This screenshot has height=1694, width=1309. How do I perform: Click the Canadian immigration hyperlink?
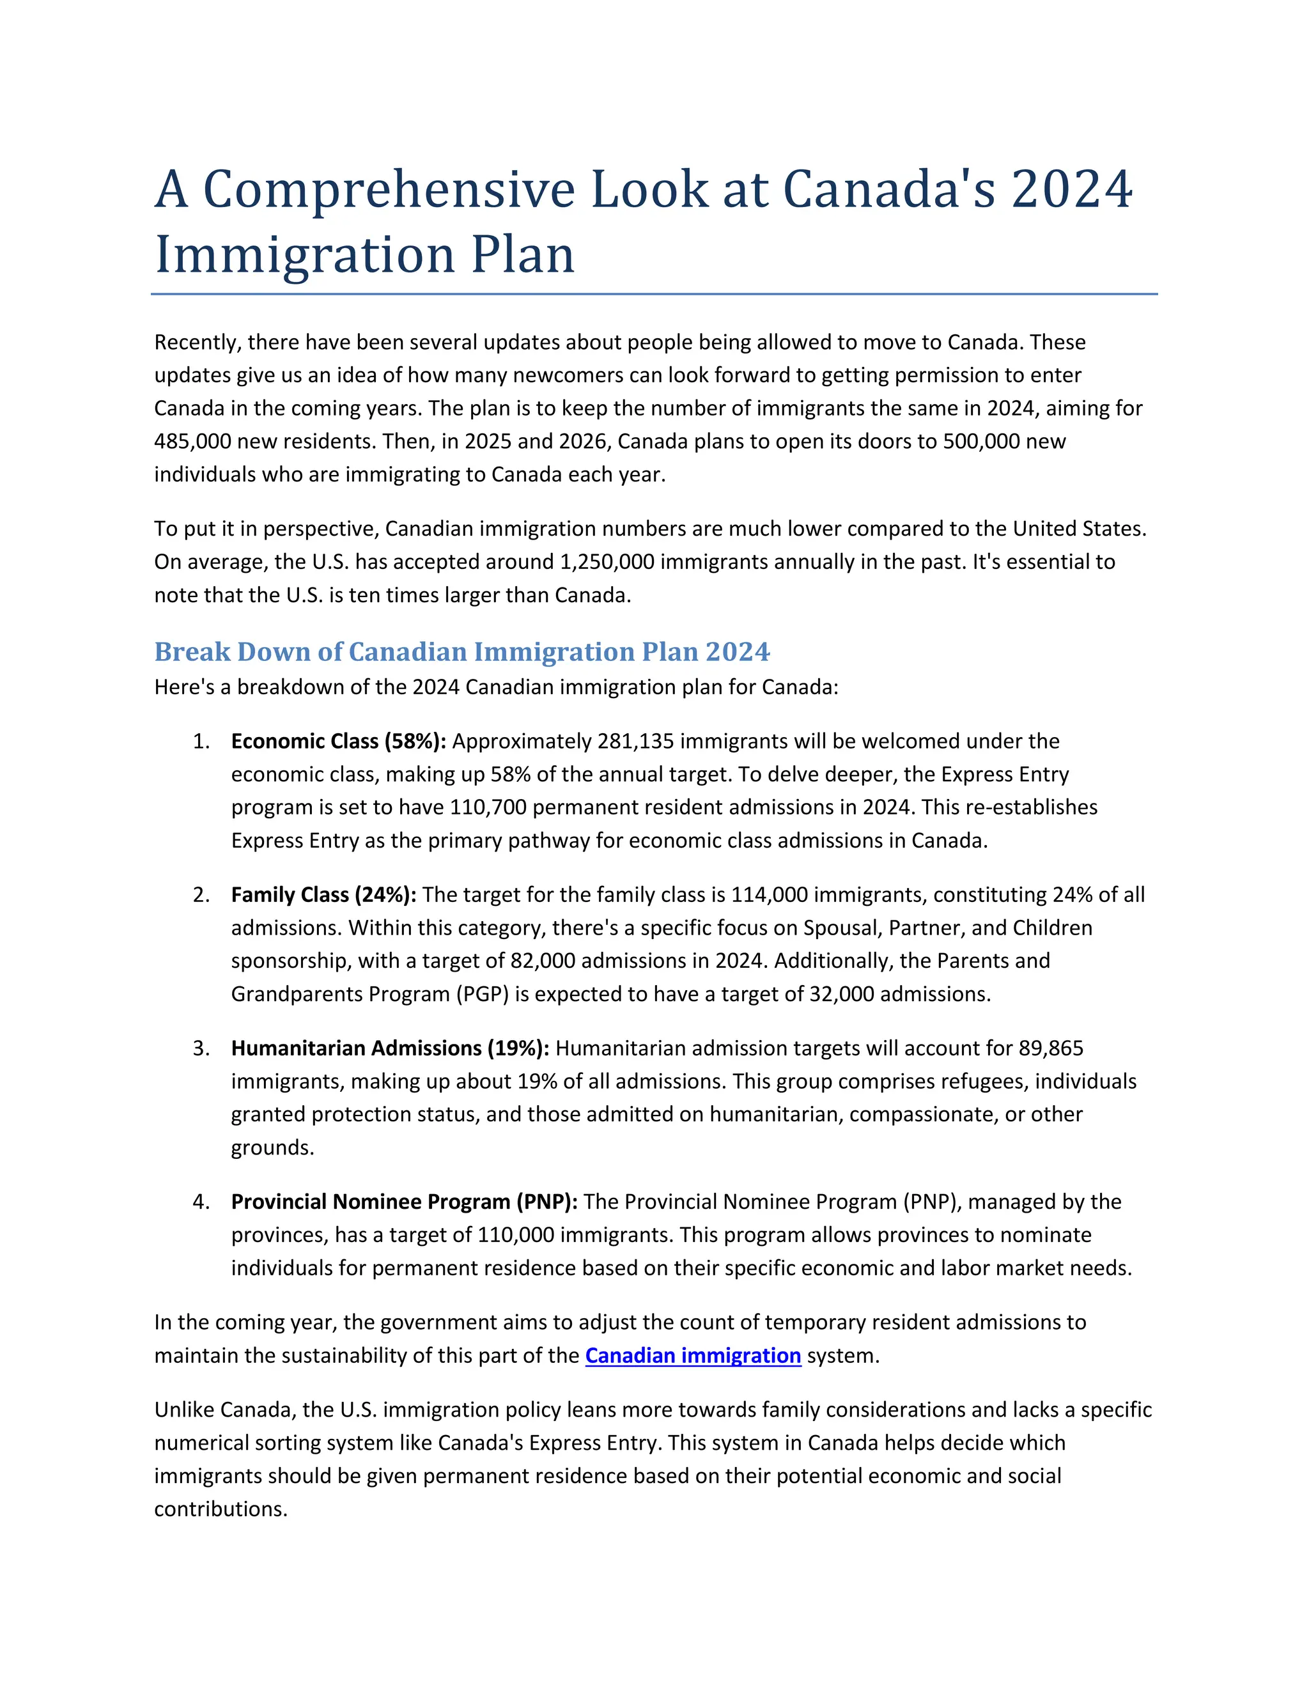[x=692, y=1355]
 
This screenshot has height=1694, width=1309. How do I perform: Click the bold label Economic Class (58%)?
[x=338, y=741]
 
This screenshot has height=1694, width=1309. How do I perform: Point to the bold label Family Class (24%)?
[x=323, y=894]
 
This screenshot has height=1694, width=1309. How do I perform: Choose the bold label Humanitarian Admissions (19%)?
[x=390, y=1048]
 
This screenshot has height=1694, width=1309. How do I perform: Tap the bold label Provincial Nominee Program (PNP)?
[x=404, y=1202]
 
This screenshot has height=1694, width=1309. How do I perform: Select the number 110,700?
[x=488, y=807]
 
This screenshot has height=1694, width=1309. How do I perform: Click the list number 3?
[x=200, y=1048]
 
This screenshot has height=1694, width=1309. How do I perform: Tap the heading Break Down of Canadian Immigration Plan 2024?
[x=461, y=651]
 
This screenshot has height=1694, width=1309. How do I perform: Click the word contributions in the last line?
[x=221, y=1509]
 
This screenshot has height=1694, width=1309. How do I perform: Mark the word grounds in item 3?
[x=272, y=1147]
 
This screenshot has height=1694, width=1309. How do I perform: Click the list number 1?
[x=200, y=741]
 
